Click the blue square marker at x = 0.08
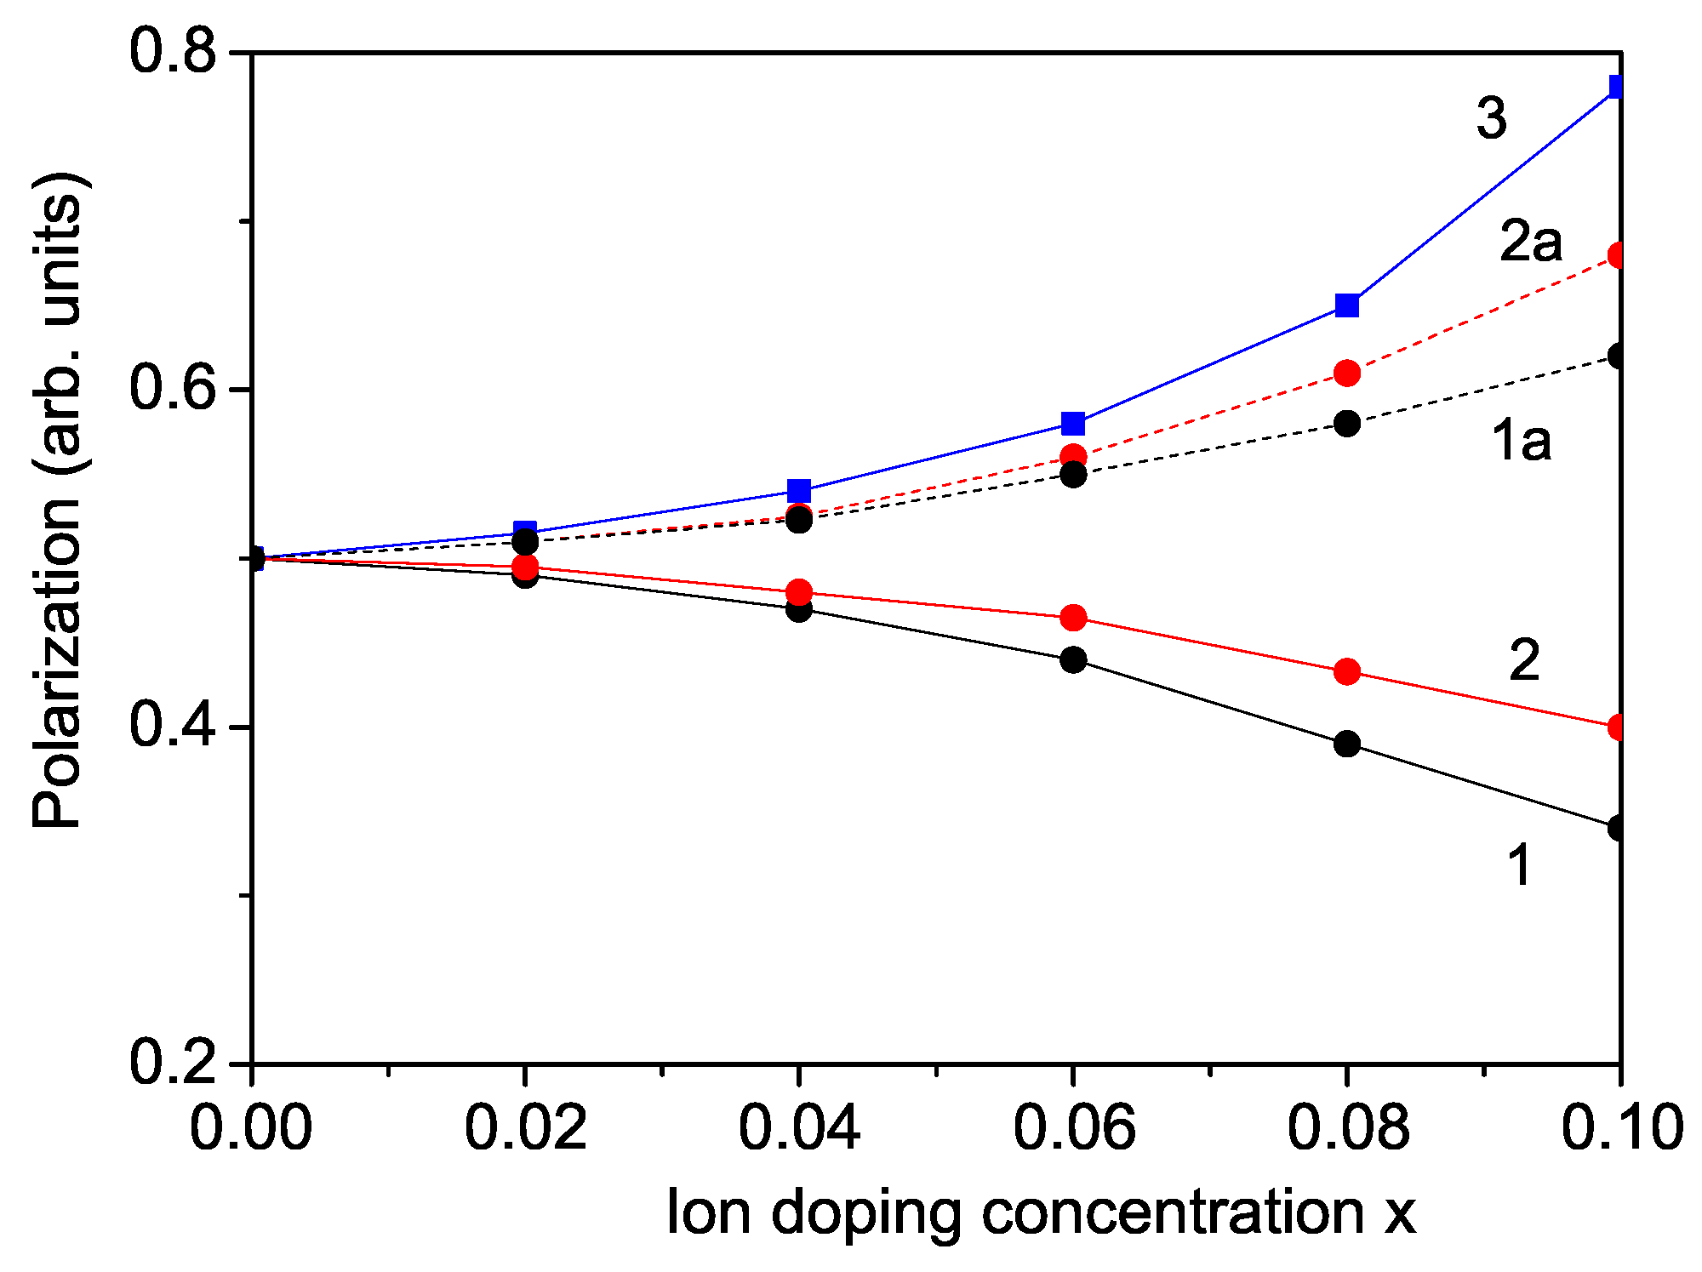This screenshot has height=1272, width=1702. click(x=1346, y=305)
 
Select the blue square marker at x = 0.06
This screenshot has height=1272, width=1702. click(x=1073, y=423)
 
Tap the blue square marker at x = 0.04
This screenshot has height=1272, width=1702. click(x=798, y=490)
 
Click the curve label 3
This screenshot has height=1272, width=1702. click(x=1491, y=117)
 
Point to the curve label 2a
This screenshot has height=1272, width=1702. click(x=1531, y=242)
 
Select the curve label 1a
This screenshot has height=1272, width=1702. click(x=1522, y=442)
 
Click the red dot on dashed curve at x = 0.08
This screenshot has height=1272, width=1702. click(x=1346, y=373)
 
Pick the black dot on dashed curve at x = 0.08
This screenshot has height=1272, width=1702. click(x=1346, y=423)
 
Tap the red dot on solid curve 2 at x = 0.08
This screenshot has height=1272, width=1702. click(x=1346, y=671)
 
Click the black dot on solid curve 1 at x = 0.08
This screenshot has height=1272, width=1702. click(x=1346, y=744)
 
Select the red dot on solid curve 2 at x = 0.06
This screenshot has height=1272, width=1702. click(x=1073, y=617)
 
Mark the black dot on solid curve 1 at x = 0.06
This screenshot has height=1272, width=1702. click(x=1073, y=659)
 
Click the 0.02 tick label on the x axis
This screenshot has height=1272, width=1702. click(x=525, y=1127)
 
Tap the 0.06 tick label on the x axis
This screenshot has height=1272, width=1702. click(x=1073, y=1127)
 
